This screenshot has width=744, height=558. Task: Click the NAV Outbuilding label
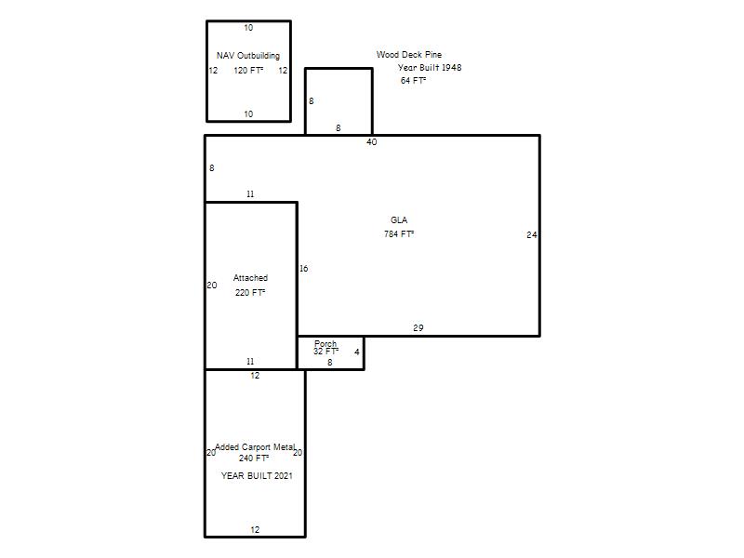[248, 56]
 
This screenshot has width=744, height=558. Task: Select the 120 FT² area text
[248, 71]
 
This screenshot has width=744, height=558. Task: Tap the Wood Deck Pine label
[409, 55]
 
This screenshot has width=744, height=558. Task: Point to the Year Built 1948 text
[430, 67]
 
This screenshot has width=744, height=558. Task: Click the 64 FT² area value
[413, 81]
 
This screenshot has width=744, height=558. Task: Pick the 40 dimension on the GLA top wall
[371, 142]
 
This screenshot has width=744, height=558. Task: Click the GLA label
[399, 220]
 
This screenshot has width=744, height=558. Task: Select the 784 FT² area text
[399, 234]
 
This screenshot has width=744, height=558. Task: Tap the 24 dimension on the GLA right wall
[531, 235]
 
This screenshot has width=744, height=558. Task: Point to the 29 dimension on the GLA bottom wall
[418, 328]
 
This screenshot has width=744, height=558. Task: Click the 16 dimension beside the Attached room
[304, 269]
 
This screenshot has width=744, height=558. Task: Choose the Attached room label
[250, 277]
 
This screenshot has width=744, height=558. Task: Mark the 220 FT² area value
[250, 292]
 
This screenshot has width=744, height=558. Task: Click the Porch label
[325, 343]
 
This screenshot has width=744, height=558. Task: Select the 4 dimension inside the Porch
[357, 352]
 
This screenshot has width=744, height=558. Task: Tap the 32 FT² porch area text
[326, 352]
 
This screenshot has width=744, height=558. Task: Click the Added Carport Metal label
[255, 447]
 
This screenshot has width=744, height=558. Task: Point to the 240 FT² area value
[254, 458]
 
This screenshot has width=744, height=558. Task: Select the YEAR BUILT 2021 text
[257, 475]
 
